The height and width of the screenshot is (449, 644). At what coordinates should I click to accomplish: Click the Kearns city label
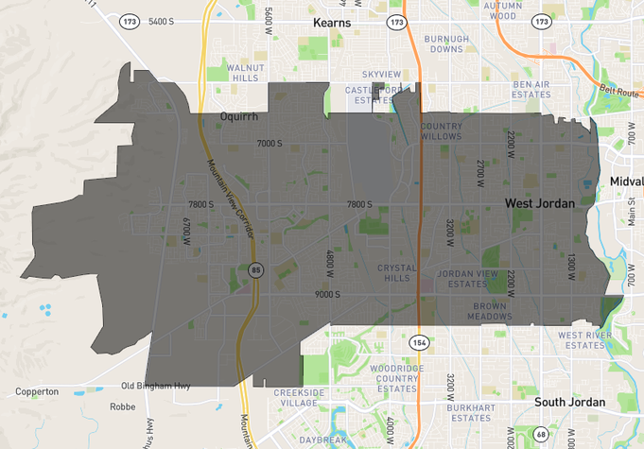332,22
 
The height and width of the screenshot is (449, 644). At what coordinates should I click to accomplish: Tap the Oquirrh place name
238,116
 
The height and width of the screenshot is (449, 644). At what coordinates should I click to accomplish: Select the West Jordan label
539,203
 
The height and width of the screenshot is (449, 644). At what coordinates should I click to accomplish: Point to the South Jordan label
569,402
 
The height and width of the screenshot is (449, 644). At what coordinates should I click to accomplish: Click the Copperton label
37,391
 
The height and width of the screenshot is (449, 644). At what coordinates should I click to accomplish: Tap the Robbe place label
122,406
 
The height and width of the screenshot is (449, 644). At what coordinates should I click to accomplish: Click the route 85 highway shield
256,270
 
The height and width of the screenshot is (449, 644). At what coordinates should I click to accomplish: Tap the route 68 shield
541,435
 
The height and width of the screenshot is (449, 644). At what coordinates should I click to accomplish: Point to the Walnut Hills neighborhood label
243,73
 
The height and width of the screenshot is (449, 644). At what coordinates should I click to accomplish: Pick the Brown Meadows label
489,312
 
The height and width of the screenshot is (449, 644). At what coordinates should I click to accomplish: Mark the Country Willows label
442,131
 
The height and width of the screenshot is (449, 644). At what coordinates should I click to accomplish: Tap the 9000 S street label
328,294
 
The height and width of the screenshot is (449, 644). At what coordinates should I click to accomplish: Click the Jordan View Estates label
468,279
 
